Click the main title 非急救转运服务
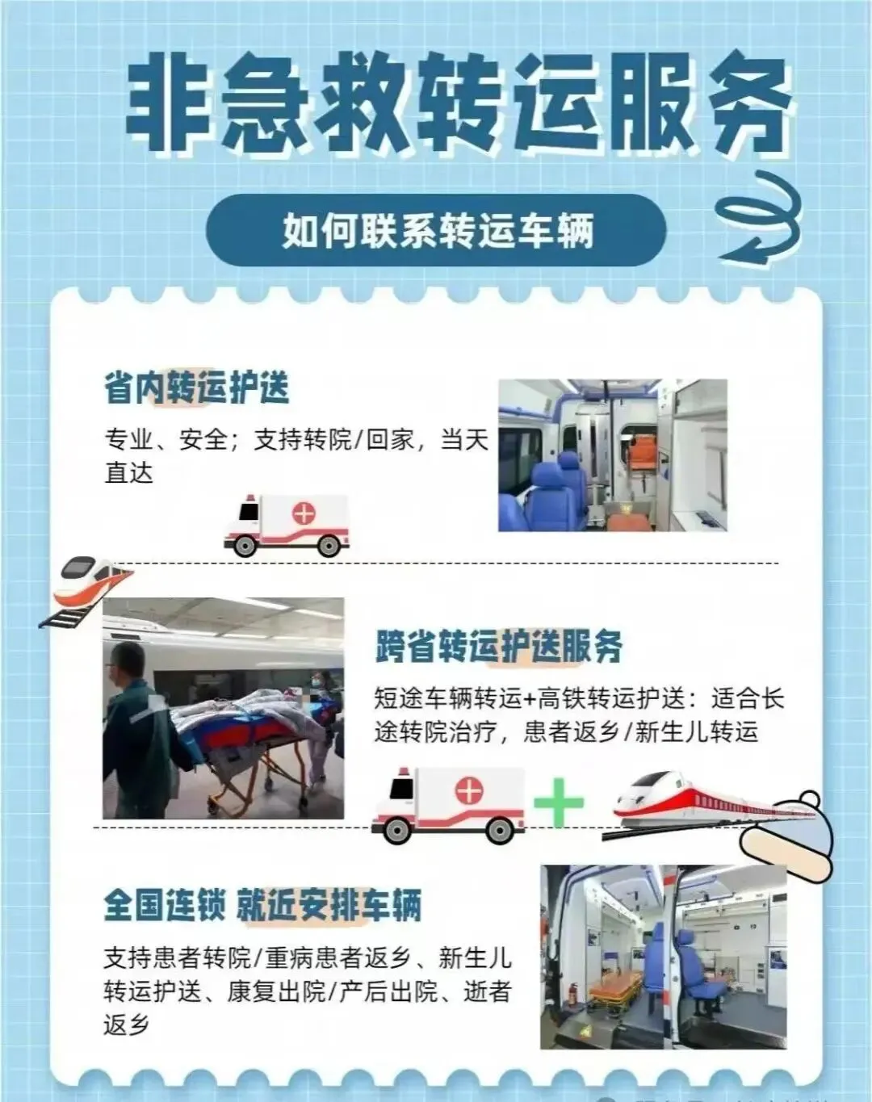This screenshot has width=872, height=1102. coord(459,105)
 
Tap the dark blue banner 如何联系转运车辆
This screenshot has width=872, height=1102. coord(436,231)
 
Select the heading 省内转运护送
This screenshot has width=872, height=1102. coord(197,388)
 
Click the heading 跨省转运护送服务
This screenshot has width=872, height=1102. coord(499,646)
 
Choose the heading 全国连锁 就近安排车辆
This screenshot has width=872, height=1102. coord(262,905)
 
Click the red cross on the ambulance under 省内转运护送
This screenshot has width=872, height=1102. coord(304,513)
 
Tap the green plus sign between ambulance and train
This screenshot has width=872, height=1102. coord(559,802)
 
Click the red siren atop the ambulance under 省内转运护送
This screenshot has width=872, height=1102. coord(250,497)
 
